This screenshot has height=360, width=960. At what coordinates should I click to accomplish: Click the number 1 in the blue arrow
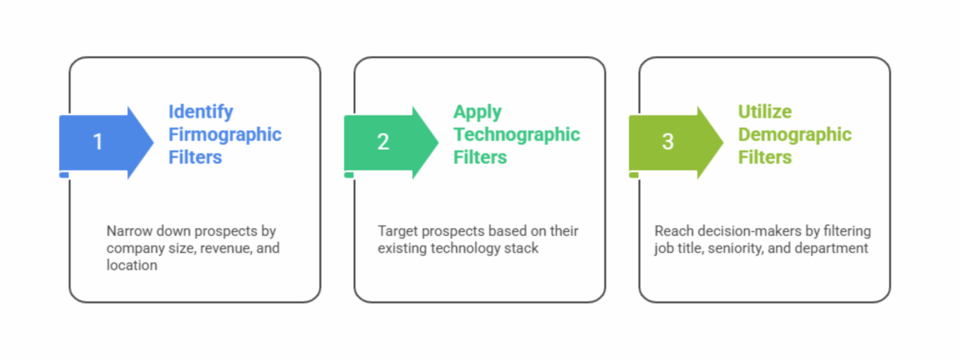point(98,142)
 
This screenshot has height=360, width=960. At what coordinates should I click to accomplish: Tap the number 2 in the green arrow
point(383,142)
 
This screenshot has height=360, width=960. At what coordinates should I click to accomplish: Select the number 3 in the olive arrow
point(668,142)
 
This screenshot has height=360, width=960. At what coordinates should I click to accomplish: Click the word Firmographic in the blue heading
point(225,134)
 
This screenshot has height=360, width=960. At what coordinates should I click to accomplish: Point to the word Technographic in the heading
point(516,134)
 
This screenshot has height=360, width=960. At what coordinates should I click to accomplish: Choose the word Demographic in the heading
point(794,134)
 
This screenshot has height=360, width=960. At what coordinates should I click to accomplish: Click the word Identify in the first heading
point(201,112)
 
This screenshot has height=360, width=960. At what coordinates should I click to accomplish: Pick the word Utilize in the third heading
point(764,112)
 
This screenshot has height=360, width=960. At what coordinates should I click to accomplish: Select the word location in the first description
point(131,265)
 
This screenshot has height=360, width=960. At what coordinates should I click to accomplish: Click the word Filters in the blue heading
point(195,158)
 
